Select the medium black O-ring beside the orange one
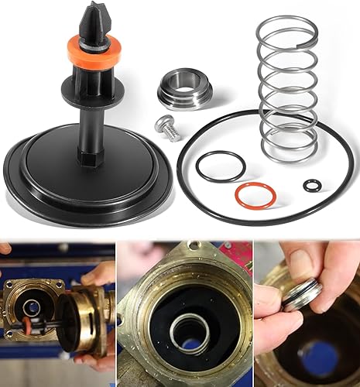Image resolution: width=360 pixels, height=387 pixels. pos(220,166)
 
